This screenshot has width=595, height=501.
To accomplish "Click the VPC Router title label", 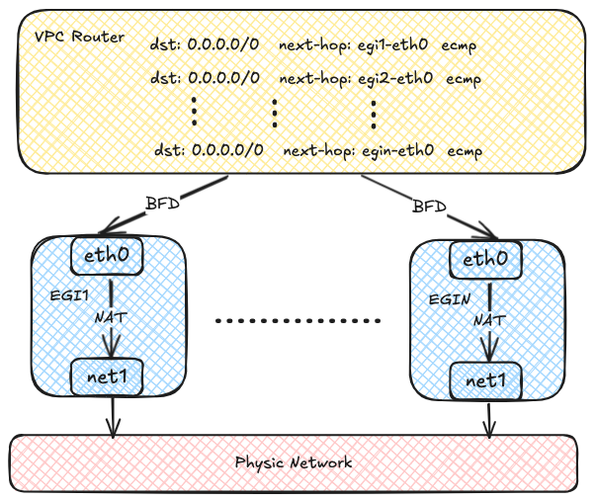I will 79,38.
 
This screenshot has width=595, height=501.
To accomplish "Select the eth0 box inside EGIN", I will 486,260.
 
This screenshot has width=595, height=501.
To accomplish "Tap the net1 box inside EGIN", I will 486,380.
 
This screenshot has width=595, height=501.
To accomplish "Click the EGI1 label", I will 67,295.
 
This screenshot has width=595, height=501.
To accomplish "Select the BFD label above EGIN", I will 428,209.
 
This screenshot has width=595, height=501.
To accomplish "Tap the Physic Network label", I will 294,462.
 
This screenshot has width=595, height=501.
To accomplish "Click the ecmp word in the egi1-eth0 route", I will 462,45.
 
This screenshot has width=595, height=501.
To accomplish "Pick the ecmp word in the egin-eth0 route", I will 466,150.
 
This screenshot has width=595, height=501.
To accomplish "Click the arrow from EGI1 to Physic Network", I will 114,415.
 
